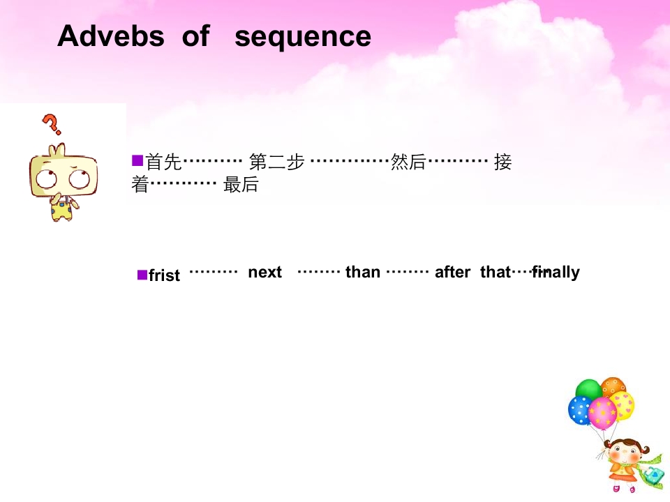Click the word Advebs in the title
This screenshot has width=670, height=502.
[x=111, y=36]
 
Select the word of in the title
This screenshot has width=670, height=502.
[x=195, y=36]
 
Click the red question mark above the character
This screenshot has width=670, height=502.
[x=52, y=124]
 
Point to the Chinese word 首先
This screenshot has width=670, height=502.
[x=163, y=162]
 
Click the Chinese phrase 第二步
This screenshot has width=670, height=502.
[x=276, y=162]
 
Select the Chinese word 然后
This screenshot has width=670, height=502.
[x=408, y=162]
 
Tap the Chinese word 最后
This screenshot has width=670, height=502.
[x=241, y=185]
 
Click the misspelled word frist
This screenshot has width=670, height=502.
[x=164, y=275]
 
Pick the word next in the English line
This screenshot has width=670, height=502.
[x=265, y=273]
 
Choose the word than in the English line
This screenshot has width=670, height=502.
[x=363, y=272]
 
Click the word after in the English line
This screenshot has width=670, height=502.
[x=452, y=272]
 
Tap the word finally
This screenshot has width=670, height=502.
[x=556, y=273]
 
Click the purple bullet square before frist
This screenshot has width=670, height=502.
[x=142, y=275]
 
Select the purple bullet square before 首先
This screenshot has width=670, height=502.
[x=137, y=160]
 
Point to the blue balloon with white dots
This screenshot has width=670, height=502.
[x=579, y=410]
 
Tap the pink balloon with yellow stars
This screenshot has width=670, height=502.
[x=602, y=413]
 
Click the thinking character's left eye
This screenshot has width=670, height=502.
[x=46, y=179]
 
